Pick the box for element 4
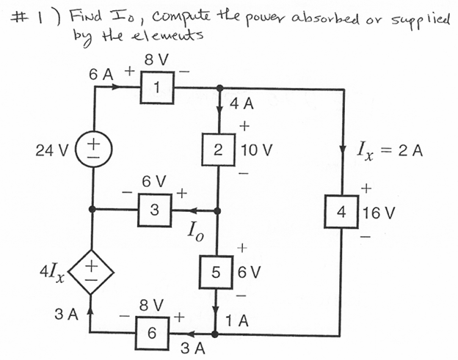[342, 213]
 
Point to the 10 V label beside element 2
[257, 151]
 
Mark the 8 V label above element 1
[158, 59]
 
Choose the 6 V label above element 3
[155, 180]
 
